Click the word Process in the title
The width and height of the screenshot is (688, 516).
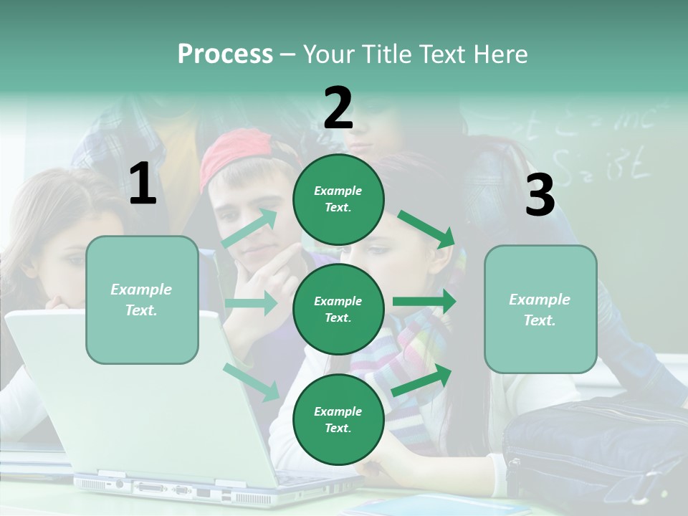tap(225, 54)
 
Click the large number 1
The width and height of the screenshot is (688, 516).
tap(143, 184)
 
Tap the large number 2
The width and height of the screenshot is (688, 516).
tap(338, 108)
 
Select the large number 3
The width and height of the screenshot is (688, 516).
tap(540, 195)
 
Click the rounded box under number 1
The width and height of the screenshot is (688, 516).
tap(142, 300)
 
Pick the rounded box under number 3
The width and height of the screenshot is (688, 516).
tap(540, 309)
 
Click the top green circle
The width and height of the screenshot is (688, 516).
tap(338, 199)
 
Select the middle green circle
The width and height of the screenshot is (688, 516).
tap(338, 309)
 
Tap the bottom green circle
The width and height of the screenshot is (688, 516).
tap(338, 419)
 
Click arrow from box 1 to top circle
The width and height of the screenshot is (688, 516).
tap(250, 228)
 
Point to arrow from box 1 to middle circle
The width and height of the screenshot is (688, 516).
tap(251, 303)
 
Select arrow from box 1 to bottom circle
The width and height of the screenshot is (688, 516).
tap(252, 382)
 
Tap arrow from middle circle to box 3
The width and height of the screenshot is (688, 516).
tap(424, 301)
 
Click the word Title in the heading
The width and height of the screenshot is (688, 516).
tap(384, 54)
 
